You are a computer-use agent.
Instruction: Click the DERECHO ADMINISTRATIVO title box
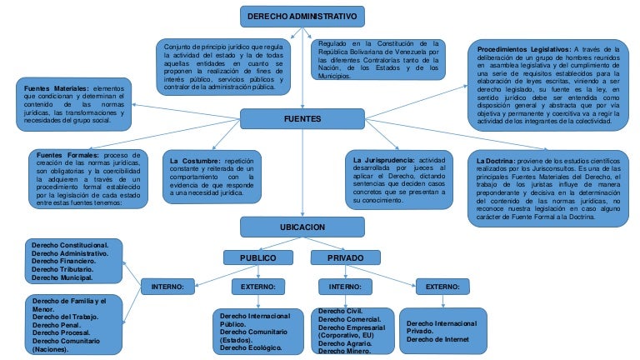(302, 17)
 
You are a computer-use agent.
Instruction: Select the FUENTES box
(302, 119)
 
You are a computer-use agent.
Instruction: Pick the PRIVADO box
(345, 257)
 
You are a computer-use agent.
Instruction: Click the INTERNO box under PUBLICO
(172, 287)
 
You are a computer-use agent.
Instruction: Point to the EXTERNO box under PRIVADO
(442, 287)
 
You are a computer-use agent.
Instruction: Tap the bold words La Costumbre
(196, 159)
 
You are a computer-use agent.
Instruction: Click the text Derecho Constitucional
(70, 245)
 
